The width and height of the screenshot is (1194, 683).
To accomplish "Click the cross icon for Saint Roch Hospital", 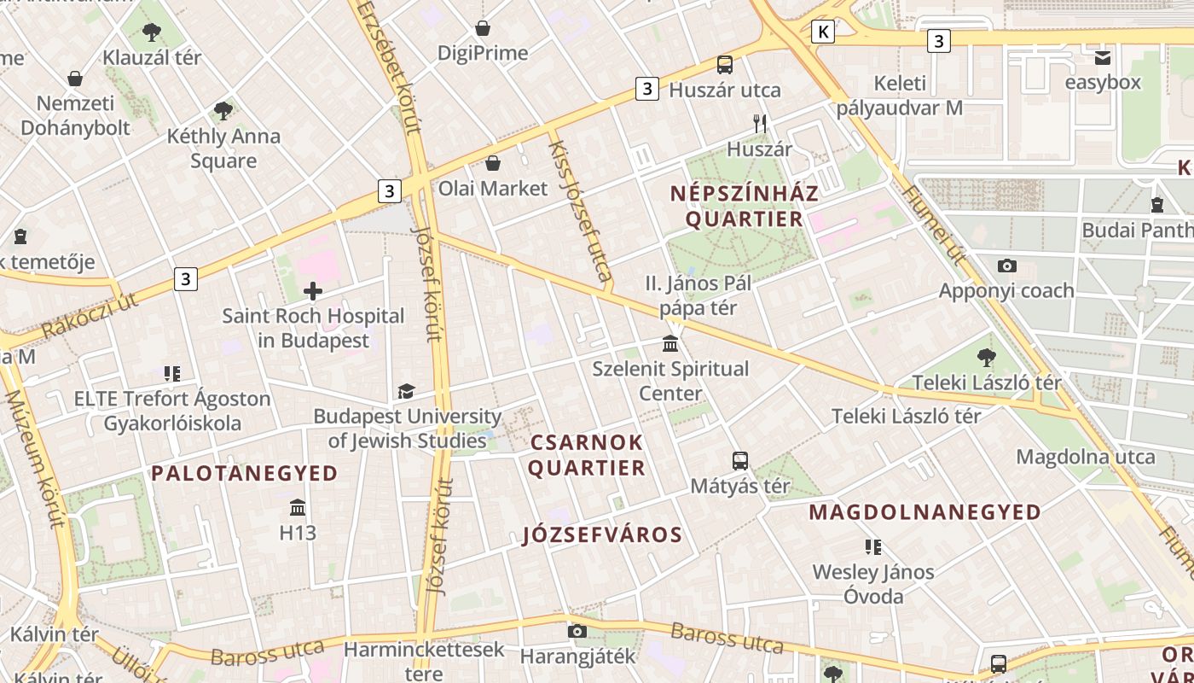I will (x=313, y=291).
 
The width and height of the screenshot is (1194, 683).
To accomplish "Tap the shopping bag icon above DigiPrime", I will (x=483, y=28).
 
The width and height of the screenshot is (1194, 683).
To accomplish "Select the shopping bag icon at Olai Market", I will (x=493, y=163).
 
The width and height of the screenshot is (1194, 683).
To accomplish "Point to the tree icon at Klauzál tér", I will (x=152, y=32).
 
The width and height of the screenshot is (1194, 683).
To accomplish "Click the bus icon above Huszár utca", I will (x=725, y=65).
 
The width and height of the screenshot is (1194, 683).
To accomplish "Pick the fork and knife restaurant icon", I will (x=760, y=124).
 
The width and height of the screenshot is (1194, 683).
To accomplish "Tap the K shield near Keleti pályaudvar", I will (x=823, y=32).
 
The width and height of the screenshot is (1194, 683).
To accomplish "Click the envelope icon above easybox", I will (x=1103, y=57).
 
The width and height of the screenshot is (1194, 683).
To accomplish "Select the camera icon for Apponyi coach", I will (x=1006, y=266).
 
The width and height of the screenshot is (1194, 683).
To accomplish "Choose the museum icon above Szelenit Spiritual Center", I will (x=670, y=344).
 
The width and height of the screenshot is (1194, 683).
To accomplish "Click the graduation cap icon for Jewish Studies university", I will (x=406, y=391).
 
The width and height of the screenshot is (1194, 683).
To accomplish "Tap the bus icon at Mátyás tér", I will (x=740, y=461).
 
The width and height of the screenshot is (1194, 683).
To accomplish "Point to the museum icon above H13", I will (x=298, y=508).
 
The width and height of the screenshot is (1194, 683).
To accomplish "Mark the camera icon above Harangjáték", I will (x=577, y=632).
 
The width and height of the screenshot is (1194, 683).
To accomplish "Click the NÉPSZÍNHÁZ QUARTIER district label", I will (x=745, y=206).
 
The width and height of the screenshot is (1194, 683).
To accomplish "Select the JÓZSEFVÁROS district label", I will (x=602, y=535).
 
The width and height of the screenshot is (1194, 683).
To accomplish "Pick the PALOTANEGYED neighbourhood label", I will (x=245, y=473).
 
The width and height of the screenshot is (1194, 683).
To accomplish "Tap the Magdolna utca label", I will (x=1086, y=457).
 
